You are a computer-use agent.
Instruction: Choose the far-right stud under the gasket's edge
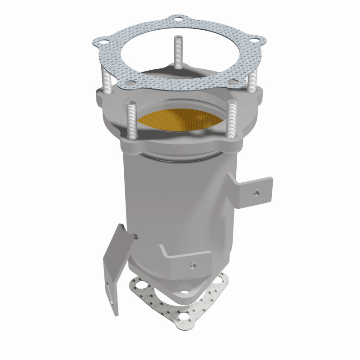(x=253, y=79)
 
